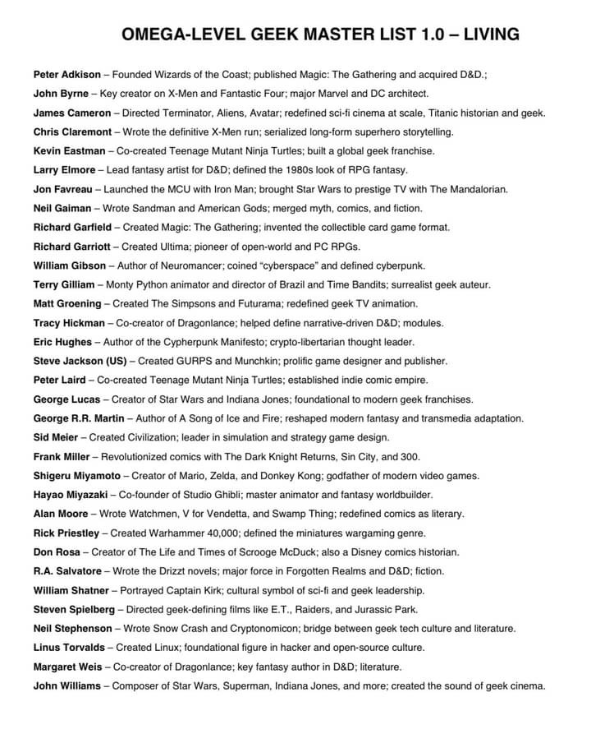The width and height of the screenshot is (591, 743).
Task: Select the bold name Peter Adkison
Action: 67,75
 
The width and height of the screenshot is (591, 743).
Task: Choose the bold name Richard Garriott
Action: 71,247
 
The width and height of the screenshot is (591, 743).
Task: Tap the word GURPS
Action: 190,361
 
